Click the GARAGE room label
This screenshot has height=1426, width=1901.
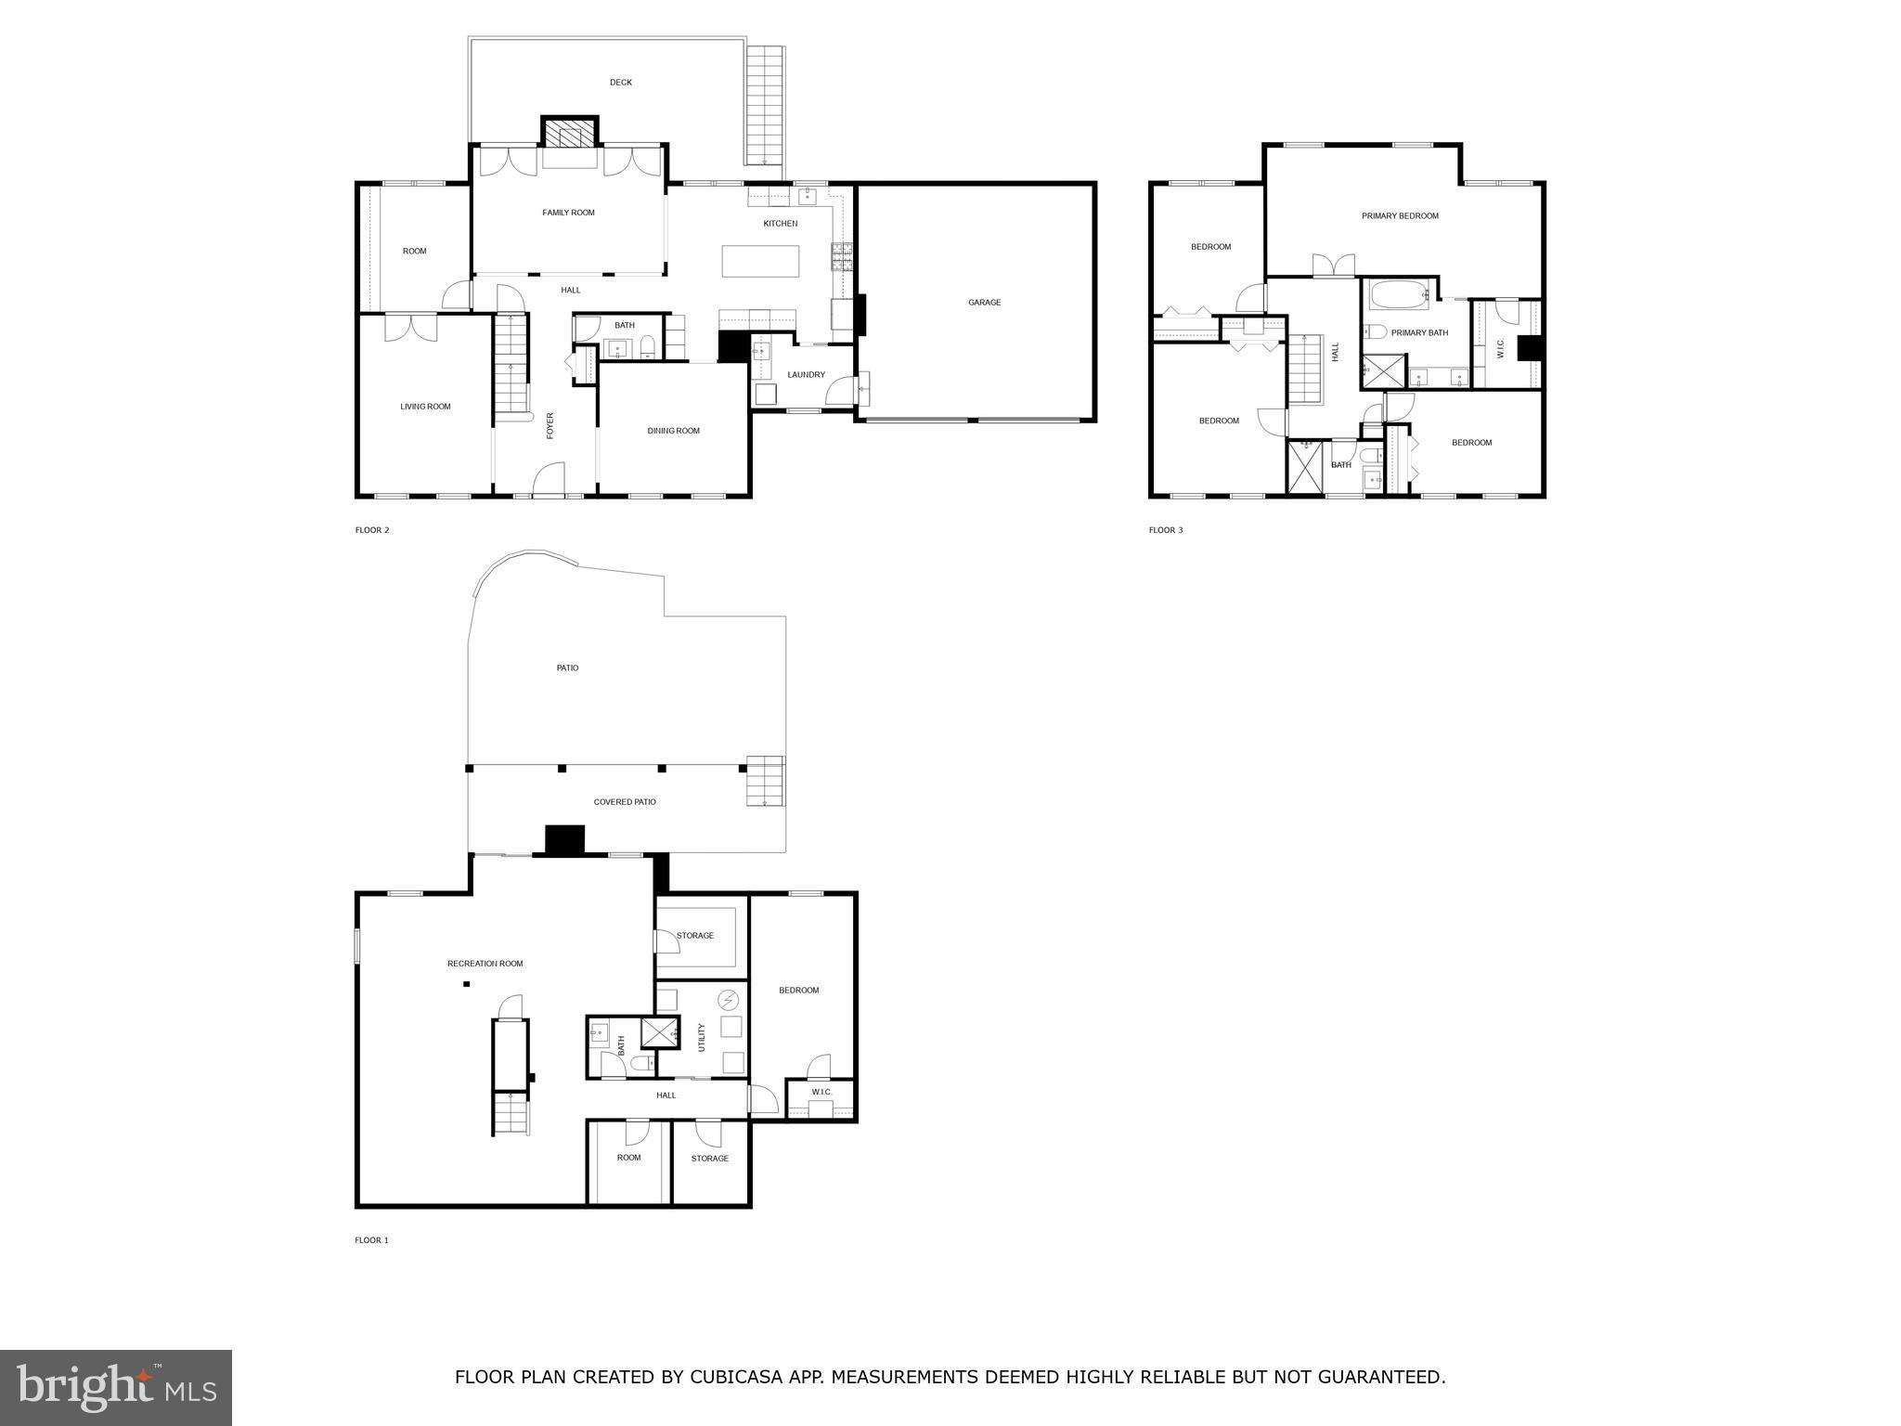pos(984,303)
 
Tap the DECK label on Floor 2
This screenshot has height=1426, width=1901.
pos(621,83)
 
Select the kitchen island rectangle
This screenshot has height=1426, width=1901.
pos(760,261)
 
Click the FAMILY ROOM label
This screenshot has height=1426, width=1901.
pos(568,213)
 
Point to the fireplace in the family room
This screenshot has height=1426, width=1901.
pos(570,136)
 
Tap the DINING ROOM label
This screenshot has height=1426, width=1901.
pos(673,431)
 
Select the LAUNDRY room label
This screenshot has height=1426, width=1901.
pos(806,375)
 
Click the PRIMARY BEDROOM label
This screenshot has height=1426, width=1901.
pos(1400,216)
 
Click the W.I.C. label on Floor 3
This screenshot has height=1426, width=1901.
pos(1501,349)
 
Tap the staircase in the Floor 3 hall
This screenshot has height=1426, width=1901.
pos(1306,369)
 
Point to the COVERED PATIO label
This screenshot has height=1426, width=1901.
pos(625,802)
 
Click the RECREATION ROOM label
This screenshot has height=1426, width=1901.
pos(485,964)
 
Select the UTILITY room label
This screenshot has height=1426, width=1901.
pos(702,1037)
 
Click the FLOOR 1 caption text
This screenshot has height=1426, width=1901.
pos(371,1240)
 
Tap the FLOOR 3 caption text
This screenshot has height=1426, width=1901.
pos(1166,530)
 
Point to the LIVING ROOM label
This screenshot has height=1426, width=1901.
pos(425,407)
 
